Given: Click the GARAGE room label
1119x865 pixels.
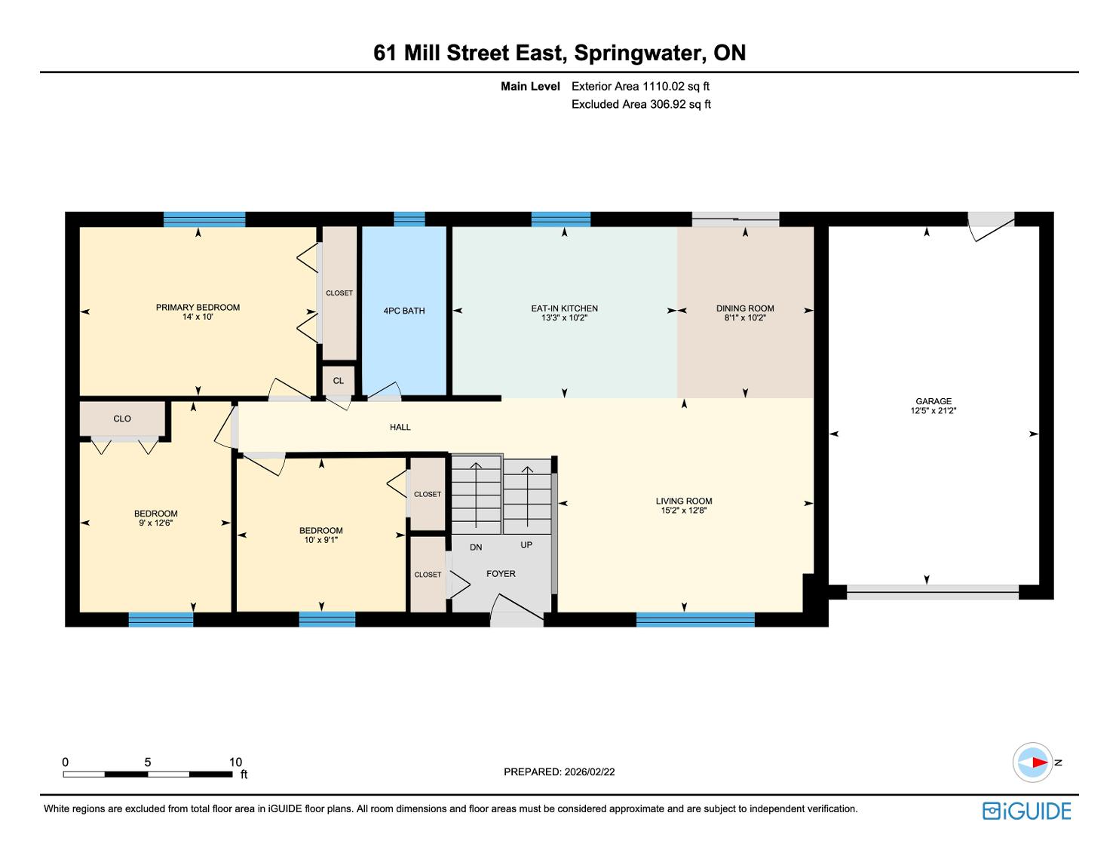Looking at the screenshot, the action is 933,401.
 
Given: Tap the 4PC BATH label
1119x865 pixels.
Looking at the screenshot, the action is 404,311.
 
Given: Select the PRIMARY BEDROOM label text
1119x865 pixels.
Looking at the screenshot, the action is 198,308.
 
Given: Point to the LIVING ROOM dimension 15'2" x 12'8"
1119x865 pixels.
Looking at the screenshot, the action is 684,511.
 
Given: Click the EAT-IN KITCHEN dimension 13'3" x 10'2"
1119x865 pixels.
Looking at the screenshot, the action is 564,317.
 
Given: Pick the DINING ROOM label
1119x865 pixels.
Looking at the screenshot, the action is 745,308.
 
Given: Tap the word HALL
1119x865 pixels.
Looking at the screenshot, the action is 400,427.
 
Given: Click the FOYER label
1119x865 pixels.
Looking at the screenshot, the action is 501,574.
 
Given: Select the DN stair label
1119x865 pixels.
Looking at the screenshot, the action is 476,548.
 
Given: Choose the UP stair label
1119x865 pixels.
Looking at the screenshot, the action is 526,544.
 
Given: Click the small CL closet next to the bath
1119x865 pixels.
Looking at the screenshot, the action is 339,381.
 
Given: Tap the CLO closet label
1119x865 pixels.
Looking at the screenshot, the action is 122,419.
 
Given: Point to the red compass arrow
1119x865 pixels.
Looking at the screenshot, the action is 1040,762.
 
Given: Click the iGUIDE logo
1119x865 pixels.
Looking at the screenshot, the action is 1027,811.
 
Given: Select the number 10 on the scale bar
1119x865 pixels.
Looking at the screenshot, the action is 235,762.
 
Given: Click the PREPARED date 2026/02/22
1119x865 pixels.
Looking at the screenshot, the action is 590,771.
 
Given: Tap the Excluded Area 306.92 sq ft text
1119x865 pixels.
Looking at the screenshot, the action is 641,105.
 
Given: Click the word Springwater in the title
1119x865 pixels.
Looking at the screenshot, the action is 640,53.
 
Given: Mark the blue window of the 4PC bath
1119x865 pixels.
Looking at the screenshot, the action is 409,219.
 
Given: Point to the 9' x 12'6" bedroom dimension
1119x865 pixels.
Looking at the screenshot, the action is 155,523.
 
